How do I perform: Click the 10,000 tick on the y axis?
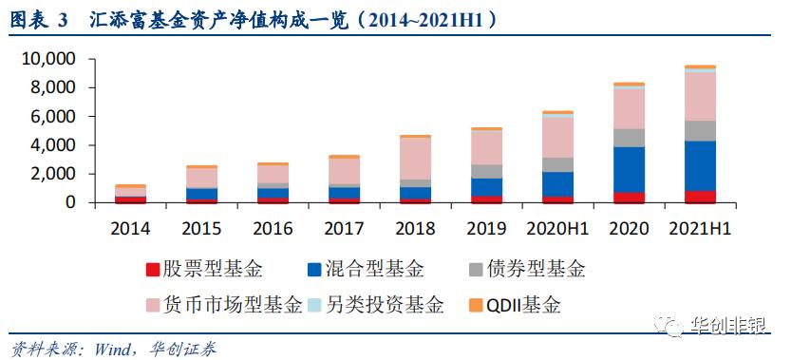point(48,59)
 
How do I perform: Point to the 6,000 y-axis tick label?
point(53,117)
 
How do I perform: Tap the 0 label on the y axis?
point(70,203)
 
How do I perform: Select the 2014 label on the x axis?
point(131,229)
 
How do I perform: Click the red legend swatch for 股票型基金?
point(153,271)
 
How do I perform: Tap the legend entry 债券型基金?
point(542,271)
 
